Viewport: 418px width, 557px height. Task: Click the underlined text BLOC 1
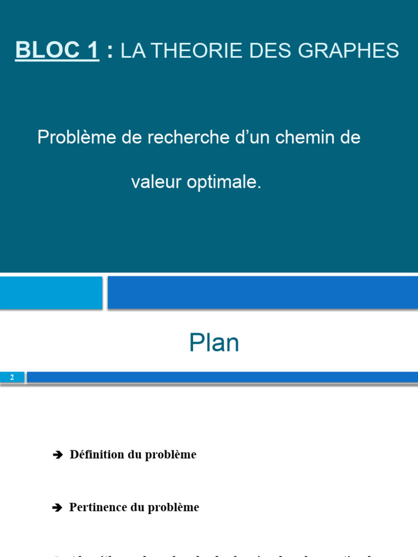point(57,50)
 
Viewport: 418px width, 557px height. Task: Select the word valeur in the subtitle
point(156,182)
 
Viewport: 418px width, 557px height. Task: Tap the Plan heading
point(214,343)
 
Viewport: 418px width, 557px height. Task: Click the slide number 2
point(12,377)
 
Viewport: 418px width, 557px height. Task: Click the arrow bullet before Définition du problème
point(58,455)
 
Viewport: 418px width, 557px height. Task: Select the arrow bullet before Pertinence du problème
point(58,508)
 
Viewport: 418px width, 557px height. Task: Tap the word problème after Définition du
point(170,455)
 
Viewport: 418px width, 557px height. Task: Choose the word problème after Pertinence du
point(174,508)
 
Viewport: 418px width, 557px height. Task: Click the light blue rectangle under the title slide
point(51,293)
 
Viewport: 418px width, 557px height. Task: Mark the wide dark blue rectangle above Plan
point(262,293)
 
